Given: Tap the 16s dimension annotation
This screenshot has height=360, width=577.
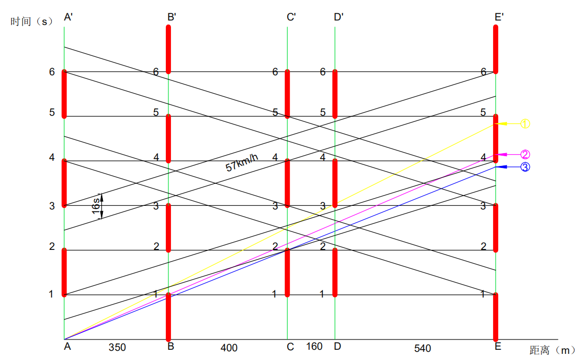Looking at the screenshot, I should pos(96,206).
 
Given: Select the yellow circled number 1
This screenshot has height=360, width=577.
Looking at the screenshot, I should pos(525,123).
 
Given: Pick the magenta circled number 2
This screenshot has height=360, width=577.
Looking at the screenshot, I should pos(525,154).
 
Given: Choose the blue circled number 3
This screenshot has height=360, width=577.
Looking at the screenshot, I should pos(525,167).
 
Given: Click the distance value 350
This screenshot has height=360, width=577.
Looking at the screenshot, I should pos(117,347).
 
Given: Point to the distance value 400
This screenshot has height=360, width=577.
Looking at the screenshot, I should pos(229,348).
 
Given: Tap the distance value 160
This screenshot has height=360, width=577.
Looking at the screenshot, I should pos(314,347).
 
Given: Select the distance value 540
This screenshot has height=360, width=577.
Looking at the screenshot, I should pos(422,348).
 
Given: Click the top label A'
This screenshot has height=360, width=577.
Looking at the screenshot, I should pos(69,17).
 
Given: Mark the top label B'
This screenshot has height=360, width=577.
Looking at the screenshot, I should pos(172,17).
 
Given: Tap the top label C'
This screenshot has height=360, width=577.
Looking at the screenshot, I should pos(291,17).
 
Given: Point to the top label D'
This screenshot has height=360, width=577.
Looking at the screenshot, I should pos(338,17).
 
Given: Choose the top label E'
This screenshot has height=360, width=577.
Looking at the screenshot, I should pos(499,17).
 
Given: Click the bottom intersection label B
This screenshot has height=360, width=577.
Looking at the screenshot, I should pos(171,347).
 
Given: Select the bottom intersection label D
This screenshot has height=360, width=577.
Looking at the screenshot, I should pos(337,347).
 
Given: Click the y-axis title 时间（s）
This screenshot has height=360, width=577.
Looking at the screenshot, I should pos(32,22).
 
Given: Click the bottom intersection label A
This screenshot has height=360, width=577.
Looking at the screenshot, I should pos(67,347).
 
